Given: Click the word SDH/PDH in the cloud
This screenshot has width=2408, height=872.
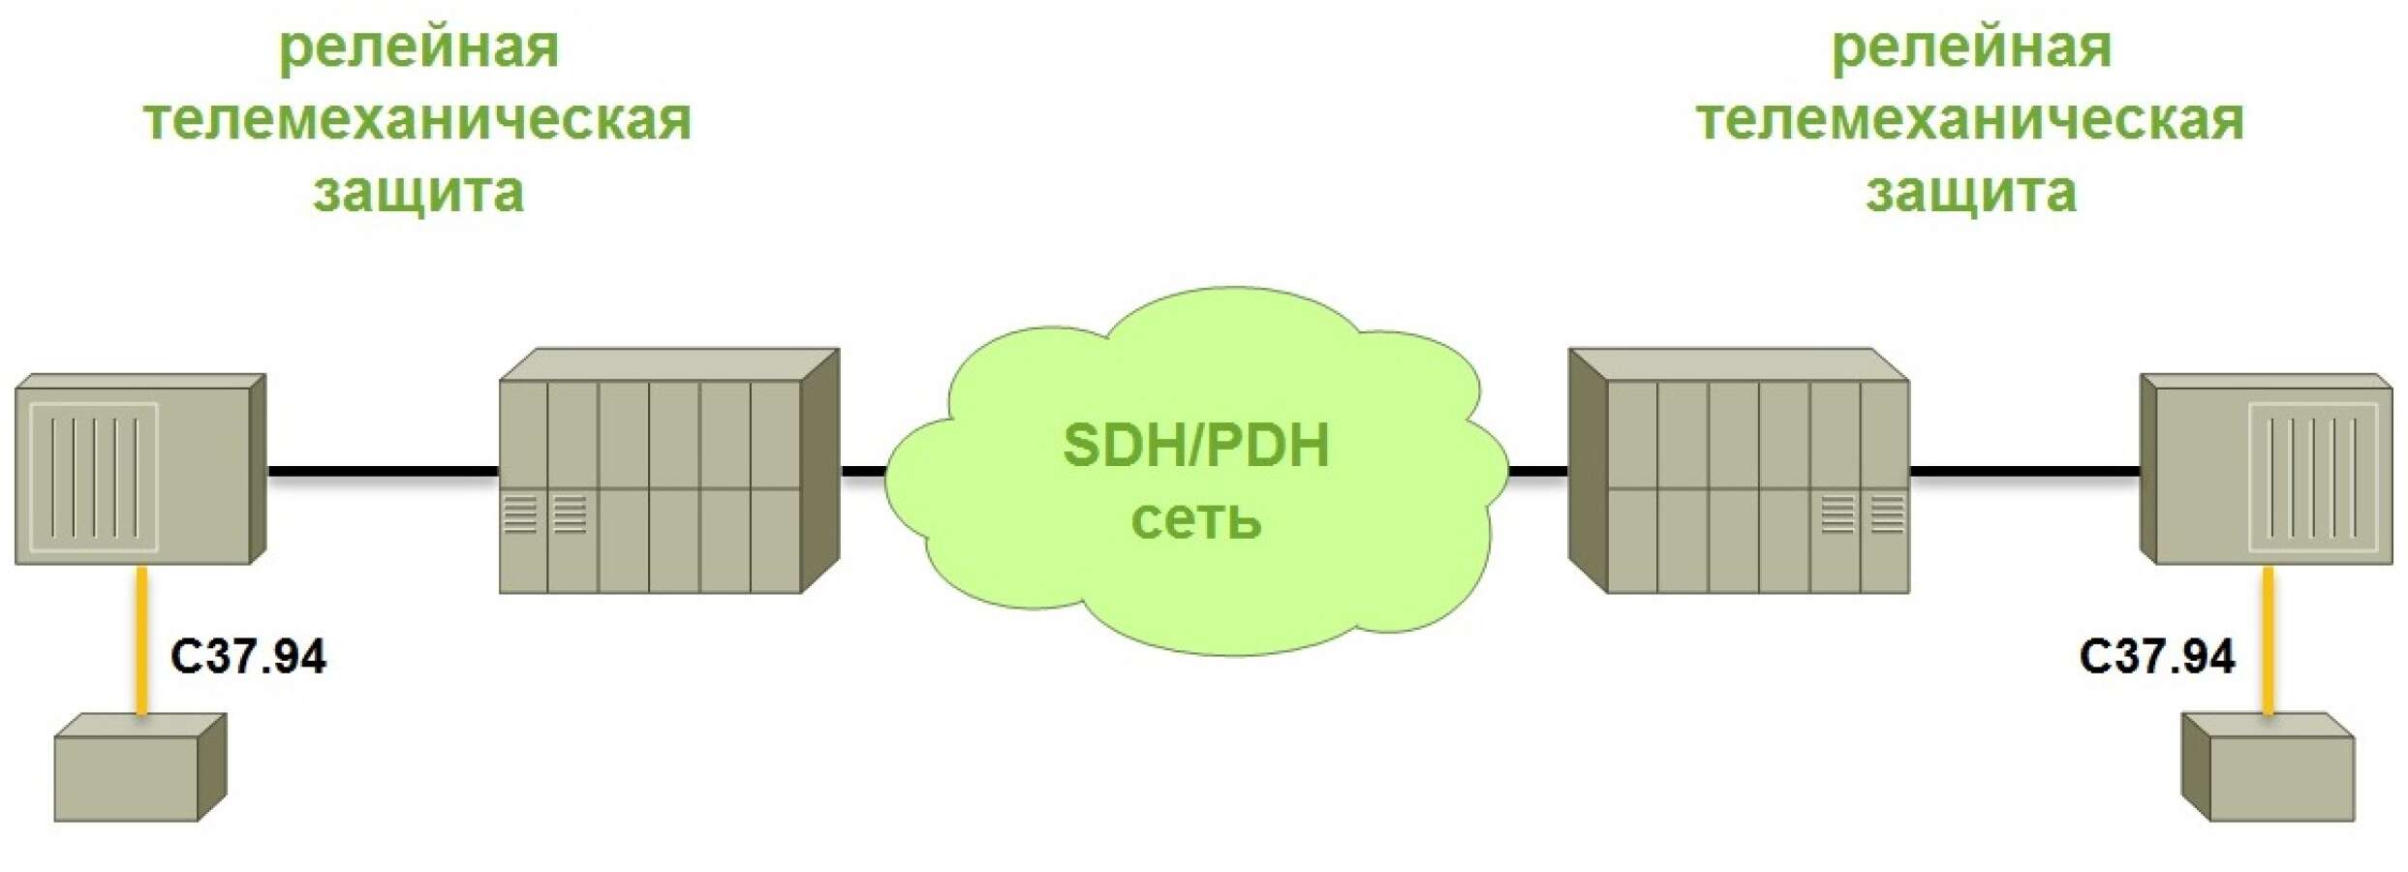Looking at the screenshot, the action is tap(1196, 446).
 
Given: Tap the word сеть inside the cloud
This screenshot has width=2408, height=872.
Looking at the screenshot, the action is tap(1196, 519).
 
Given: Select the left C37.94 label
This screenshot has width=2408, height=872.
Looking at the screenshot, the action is tap(249, 656).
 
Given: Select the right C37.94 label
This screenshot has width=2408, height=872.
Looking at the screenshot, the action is tap(2157, 656).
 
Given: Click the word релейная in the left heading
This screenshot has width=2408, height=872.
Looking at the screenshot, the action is tap(419, 48).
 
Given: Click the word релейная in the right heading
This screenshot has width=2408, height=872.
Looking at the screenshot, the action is tap(1971, 48).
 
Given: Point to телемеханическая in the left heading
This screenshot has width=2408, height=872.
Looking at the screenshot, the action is tap(417, 120).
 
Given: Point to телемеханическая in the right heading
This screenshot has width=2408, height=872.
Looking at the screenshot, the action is tap(1969, 120).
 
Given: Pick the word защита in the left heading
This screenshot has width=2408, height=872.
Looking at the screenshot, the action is tap(418, 192).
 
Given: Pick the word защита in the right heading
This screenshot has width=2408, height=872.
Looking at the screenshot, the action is tap(1971, 192).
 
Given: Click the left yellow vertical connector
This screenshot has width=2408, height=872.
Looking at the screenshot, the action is tap(141, 640).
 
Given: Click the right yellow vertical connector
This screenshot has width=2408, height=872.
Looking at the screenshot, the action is tap(2268, 640).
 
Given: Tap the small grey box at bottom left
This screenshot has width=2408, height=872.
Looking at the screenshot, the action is tap(140, 767).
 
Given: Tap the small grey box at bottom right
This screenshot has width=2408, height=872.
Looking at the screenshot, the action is tap(2268, 767).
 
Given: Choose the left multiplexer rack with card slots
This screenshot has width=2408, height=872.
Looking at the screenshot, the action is tap(669, 471).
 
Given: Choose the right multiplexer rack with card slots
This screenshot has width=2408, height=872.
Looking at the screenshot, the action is tap(1739, 471).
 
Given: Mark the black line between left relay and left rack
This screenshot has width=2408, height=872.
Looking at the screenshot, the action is tap(383, 472).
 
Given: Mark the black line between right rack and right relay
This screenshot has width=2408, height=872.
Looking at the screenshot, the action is tap(2025, 472).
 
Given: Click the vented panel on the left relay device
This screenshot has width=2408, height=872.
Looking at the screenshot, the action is tap(93, 478).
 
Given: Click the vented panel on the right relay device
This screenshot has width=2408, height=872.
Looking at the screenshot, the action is tap(2313, 478).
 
